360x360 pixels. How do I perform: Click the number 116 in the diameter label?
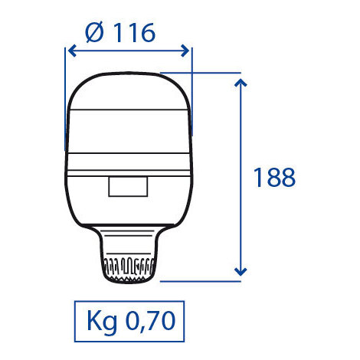point(134,32)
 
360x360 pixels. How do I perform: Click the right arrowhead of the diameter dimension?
point(187,51)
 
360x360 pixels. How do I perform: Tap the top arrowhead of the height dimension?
point(241,80)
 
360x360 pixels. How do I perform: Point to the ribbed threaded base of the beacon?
point(128,269)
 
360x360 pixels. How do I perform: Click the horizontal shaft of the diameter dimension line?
point(129,51)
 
